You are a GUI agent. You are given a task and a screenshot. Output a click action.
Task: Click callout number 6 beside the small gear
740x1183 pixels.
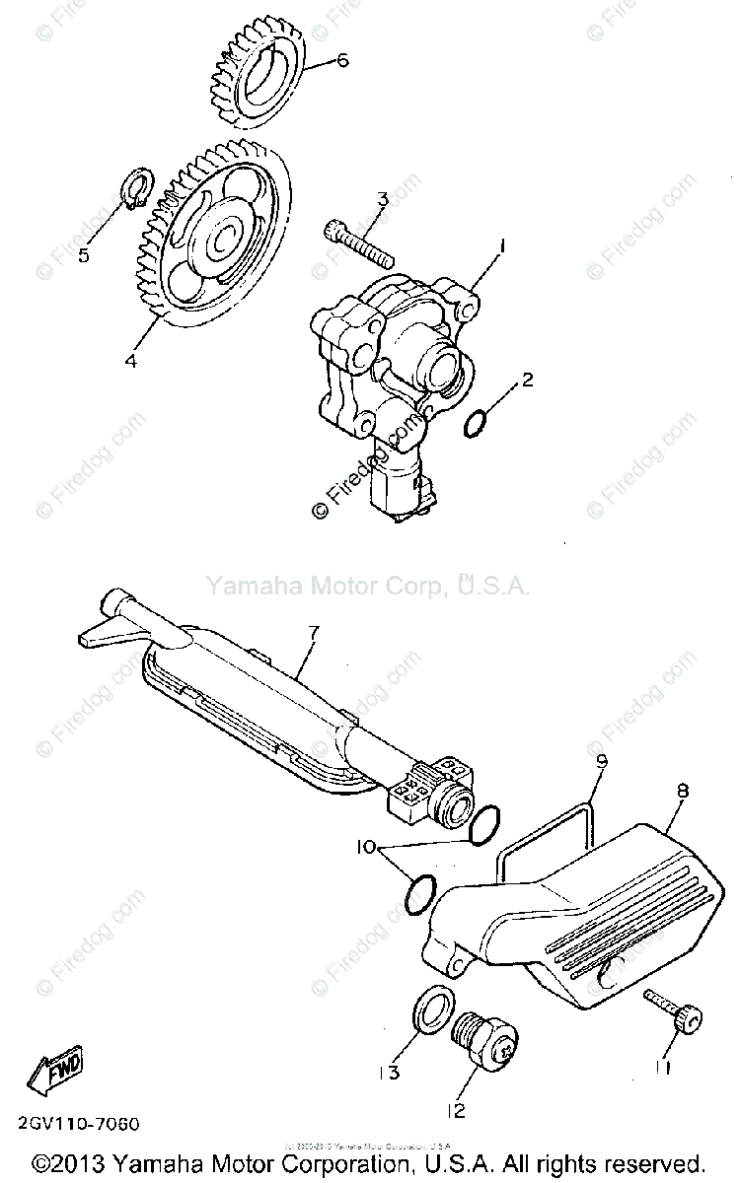[342, 61]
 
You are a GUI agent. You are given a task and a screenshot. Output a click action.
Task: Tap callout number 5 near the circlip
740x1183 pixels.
[84, 255]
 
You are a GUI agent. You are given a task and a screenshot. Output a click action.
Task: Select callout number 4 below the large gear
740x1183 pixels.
[130, 360]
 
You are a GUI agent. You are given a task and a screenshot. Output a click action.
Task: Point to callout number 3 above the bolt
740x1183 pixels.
[381, 200]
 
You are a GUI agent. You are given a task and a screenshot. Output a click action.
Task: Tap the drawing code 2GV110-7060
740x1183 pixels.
[78, 1124]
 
